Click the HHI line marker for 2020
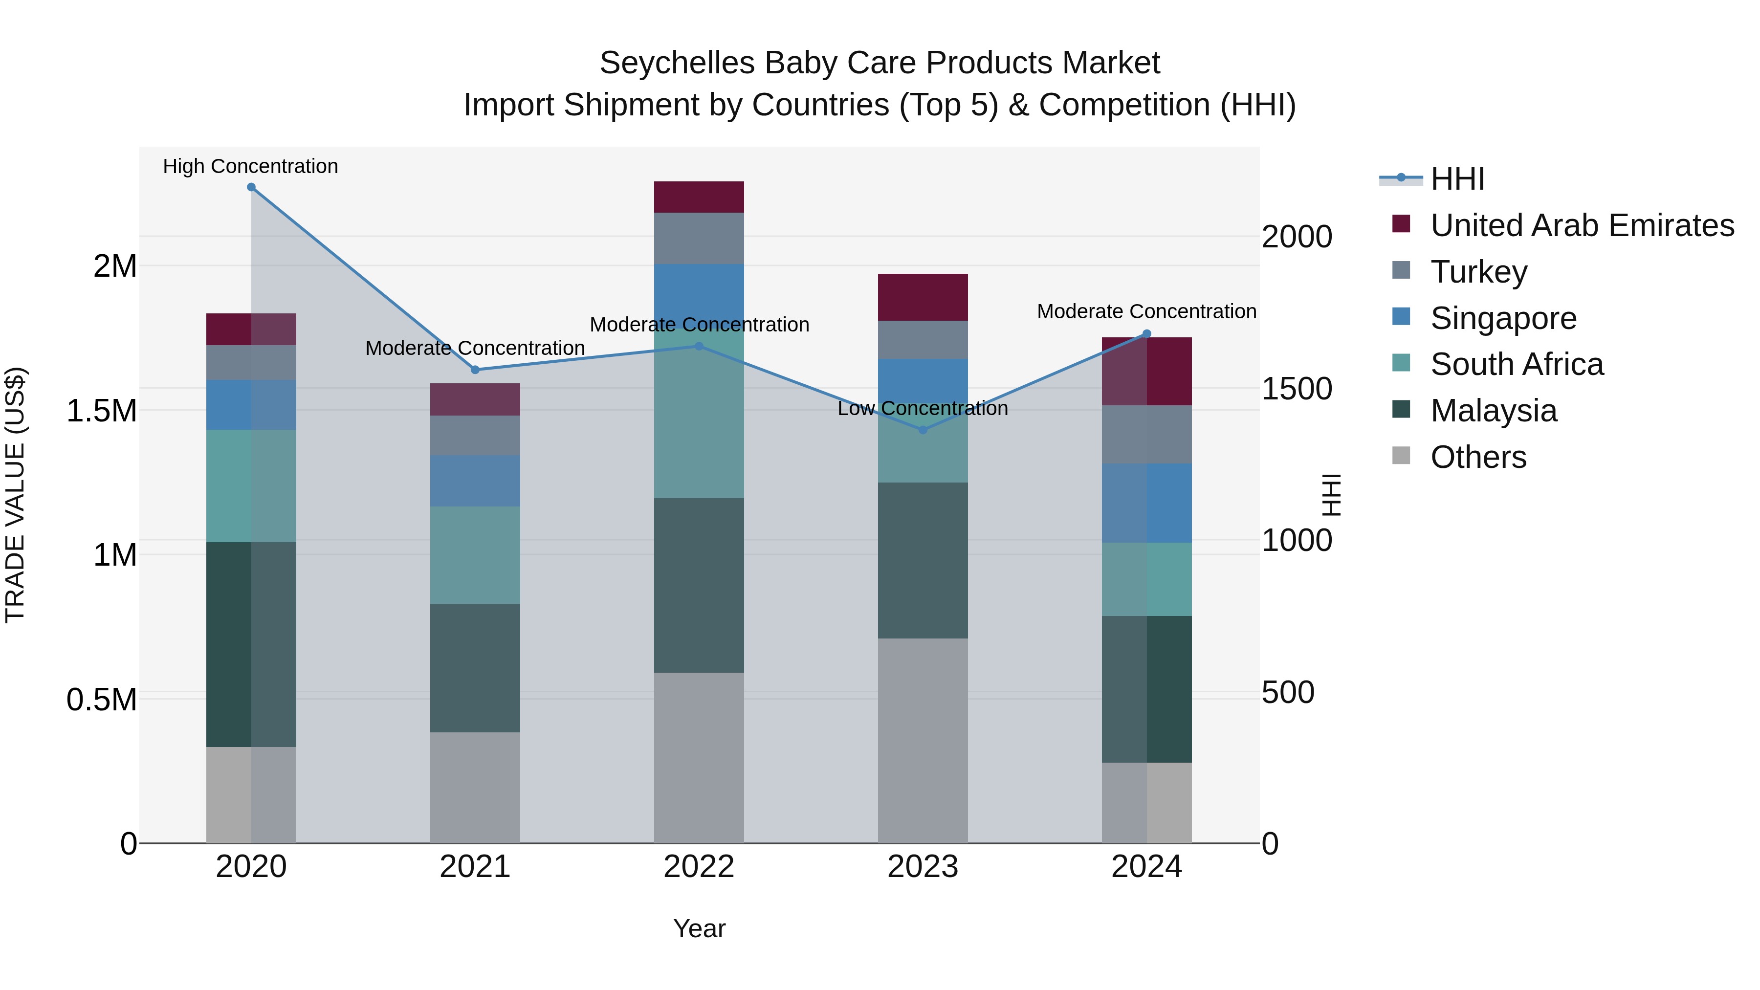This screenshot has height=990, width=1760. pyautogui.click(x=251, y=187)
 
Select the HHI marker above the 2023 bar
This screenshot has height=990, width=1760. pyautogui.click(x=923, y=430)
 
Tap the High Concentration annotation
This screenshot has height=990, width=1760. pyautogui.click(x=250, y=166)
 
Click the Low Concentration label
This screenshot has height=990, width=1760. pyautogui.click(x=923, y=409)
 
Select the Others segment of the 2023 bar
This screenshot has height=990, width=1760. pyautogui.click(x=923, y=741)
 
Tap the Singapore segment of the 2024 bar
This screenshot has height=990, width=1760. pyautogui.click(x=1146, y=503)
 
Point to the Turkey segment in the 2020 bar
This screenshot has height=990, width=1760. pyautogui.click(x=251, y=362)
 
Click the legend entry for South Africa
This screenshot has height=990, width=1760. pyautogui.click(x=1516, y=364)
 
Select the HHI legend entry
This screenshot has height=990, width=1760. pyautogui.click(x=1457, y=179)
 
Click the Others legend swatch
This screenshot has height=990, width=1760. pyautogui.click(x=1401, y=456)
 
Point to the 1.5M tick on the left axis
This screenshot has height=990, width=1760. pyautogui.click(x=102, y=411)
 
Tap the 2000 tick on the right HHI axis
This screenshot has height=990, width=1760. pyautogui.click(x=1296, y=237)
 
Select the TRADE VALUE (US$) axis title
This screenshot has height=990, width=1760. pyautogui.click(x=15, y=495)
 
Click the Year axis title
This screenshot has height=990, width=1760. pyautogui.click(x=699, y=928)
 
